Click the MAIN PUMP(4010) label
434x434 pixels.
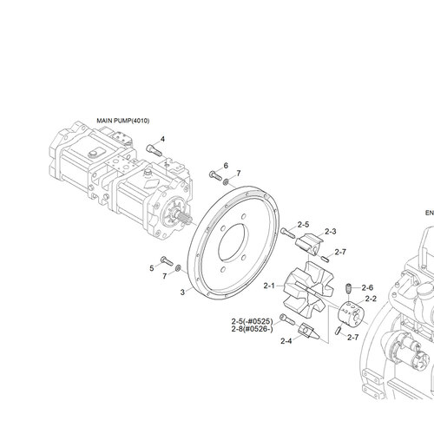[123, 121]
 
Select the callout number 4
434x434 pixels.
[162, 139]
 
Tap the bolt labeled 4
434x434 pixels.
[154, 150]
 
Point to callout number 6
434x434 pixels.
[226, 166]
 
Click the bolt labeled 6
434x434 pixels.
[215, 175]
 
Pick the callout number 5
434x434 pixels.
[152, 268]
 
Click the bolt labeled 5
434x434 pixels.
[167, 260]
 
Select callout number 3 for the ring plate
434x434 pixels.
[182, 293]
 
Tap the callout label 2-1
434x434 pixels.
[269, 286]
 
